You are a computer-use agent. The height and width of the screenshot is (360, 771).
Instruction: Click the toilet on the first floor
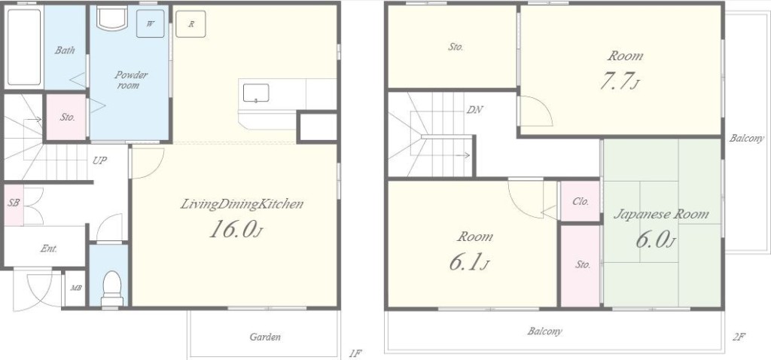coord(112,288)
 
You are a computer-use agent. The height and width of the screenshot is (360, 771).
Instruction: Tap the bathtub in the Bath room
coord(24,47)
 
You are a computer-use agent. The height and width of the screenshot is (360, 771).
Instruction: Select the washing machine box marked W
coord(151,23)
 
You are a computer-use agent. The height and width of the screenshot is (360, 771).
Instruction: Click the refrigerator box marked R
coord(190,23)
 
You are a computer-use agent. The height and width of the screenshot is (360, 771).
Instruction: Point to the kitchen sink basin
coord(256,93)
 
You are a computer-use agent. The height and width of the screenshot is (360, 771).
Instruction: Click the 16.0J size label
coord(234,229)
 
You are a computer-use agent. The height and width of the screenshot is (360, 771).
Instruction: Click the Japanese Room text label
coord(661,215)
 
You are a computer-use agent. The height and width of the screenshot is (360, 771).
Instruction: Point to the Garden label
coord(265,337)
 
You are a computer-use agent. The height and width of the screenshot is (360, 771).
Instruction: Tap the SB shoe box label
coord(14,202)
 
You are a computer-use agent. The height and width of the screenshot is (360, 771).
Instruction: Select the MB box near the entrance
coord(76,288)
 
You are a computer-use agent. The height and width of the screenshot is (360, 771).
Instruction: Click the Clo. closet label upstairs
coord(581,201)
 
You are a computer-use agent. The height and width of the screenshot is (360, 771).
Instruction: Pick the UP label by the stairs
coord(100,160)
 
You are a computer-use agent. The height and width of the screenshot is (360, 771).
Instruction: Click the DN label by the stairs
coord(474,110)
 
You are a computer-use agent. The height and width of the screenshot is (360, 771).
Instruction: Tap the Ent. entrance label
coord(49,249)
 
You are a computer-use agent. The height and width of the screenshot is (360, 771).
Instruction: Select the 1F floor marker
coord(355,352)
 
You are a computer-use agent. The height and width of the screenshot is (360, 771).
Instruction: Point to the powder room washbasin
coord(113,19)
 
